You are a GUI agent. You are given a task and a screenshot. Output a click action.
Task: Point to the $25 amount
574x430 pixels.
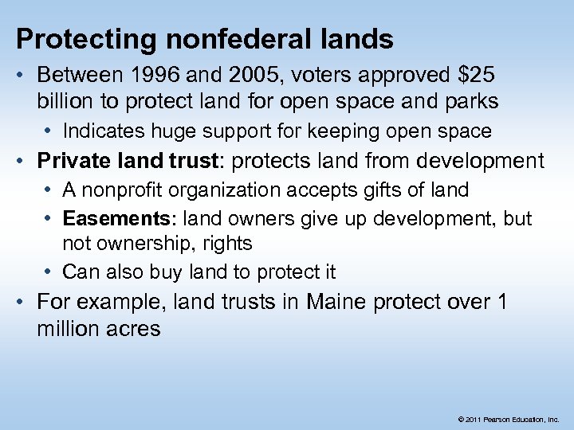pos(475,76)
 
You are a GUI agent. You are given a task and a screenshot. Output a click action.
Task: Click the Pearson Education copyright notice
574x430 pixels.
pos(508,418)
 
